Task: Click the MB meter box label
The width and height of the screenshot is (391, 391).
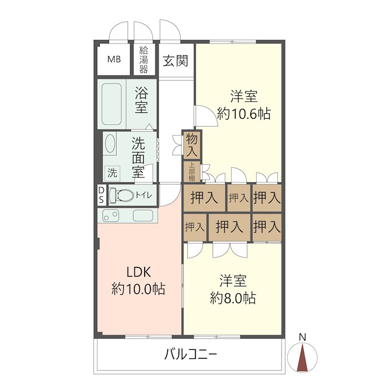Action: coord(114,60)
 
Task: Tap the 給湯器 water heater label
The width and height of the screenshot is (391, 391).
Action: coord(144,60)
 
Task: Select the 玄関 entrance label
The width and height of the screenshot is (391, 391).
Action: coord(175,61)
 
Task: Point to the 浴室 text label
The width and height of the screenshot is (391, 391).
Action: coord(142,100)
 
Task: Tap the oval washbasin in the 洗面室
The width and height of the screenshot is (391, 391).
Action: coord(110,145)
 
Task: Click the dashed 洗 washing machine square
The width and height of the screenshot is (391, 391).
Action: coord(113,172)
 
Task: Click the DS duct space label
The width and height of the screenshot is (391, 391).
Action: coord(101,195)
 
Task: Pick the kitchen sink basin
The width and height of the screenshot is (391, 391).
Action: coord(144,215)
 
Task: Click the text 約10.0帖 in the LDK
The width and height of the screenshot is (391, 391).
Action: coord(138,289)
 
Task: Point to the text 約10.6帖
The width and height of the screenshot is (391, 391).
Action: coord(244,114)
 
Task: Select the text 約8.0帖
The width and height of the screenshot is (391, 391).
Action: coord(233,297)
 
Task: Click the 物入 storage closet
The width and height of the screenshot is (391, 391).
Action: coord(192,145)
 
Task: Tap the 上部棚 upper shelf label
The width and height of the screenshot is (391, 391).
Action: coord(192,171)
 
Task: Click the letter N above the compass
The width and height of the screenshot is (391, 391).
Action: coord(303,337)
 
